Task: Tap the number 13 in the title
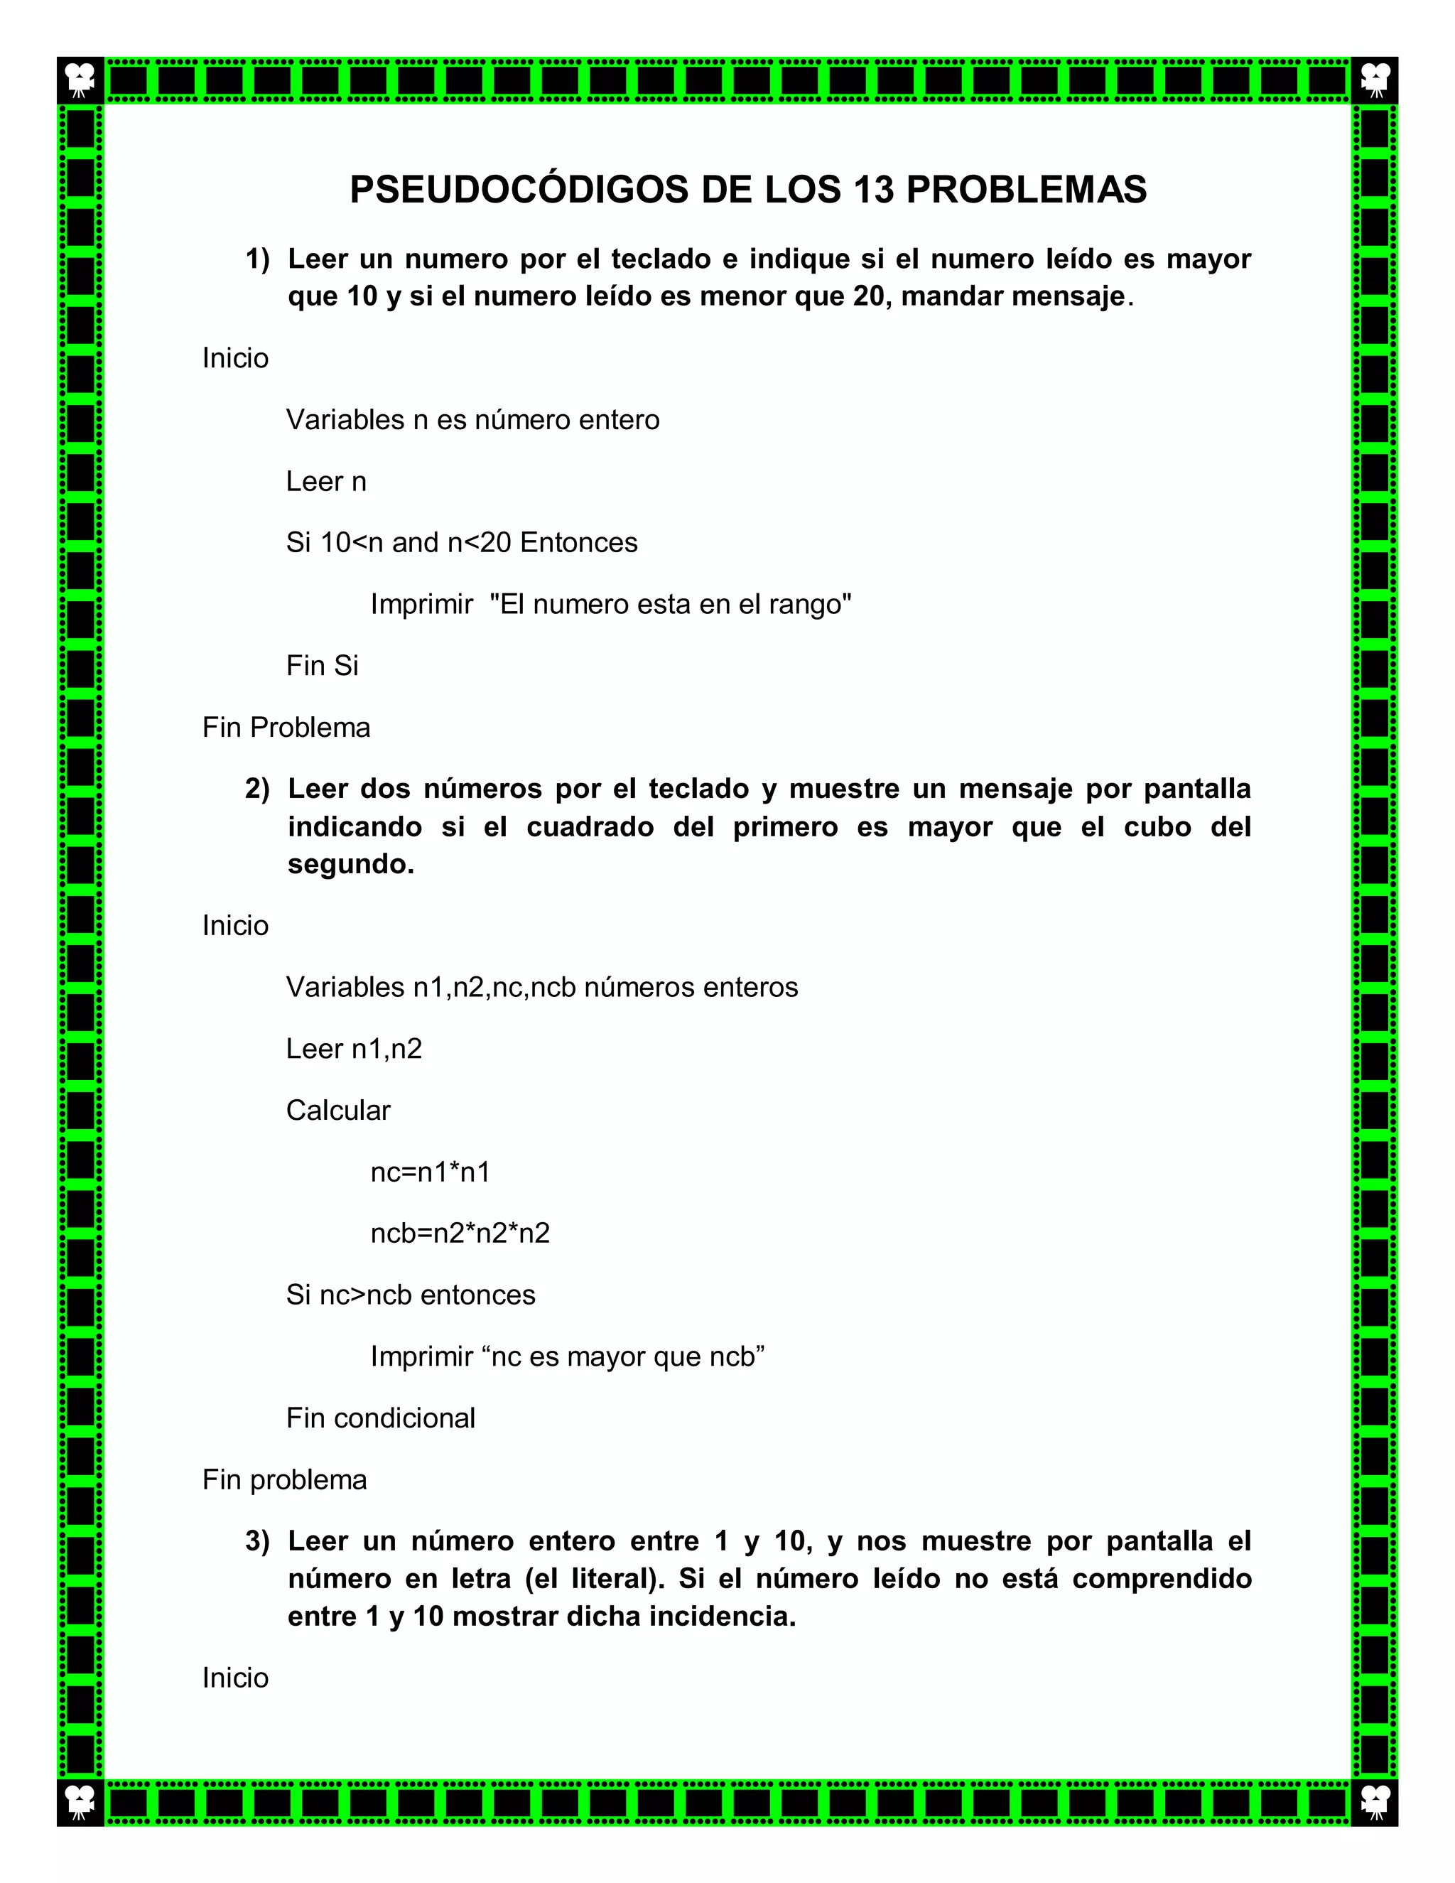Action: coord(874,190)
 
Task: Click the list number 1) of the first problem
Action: coord(257,259)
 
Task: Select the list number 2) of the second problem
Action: coord(257,789)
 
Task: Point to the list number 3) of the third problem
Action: coord(257,1541)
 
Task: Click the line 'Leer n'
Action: coord(326,481)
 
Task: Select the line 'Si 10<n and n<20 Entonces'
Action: coord(462,542)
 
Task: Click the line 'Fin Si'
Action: coord(322,666)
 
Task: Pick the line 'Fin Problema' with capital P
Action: coord(286,728)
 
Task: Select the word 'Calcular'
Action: coord(338,1111)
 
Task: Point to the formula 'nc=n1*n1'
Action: coord(430,1172)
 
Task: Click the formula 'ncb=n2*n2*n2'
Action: coord(460,1233)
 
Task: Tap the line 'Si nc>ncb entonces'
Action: coord(411,1295)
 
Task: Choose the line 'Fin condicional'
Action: coord(380,1418)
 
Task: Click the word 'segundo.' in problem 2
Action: coord(351,864)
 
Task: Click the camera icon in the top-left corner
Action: coord(80,80)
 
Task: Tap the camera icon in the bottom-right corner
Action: coord(1375,1802)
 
